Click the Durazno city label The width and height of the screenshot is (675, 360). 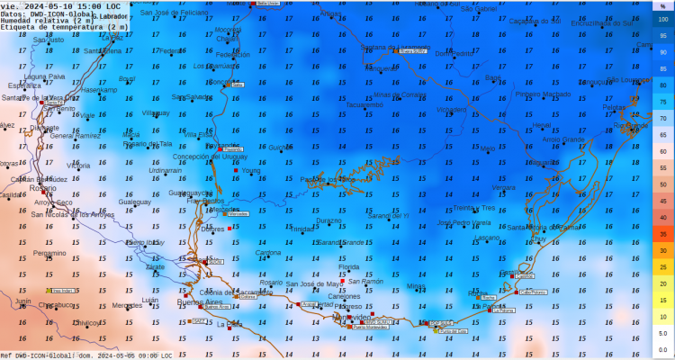[329, 220]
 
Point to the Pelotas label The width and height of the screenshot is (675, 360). [614, 107]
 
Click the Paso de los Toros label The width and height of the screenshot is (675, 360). [328, 179]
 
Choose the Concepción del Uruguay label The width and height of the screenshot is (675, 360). [216, 157]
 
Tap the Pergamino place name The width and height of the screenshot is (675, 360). [49, 253]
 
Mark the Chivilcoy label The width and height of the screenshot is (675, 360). [85, 322]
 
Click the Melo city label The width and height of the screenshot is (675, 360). [488, 148]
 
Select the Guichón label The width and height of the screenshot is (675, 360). [281, 148]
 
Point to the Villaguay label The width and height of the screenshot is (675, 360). [156, 113]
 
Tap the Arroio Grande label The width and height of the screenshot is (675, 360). [563, 139]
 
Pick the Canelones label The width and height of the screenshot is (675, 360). [344, 296]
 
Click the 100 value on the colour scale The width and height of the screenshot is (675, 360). [662, 19]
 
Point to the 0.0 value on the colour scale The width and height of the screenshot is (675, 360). [662, 350]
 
